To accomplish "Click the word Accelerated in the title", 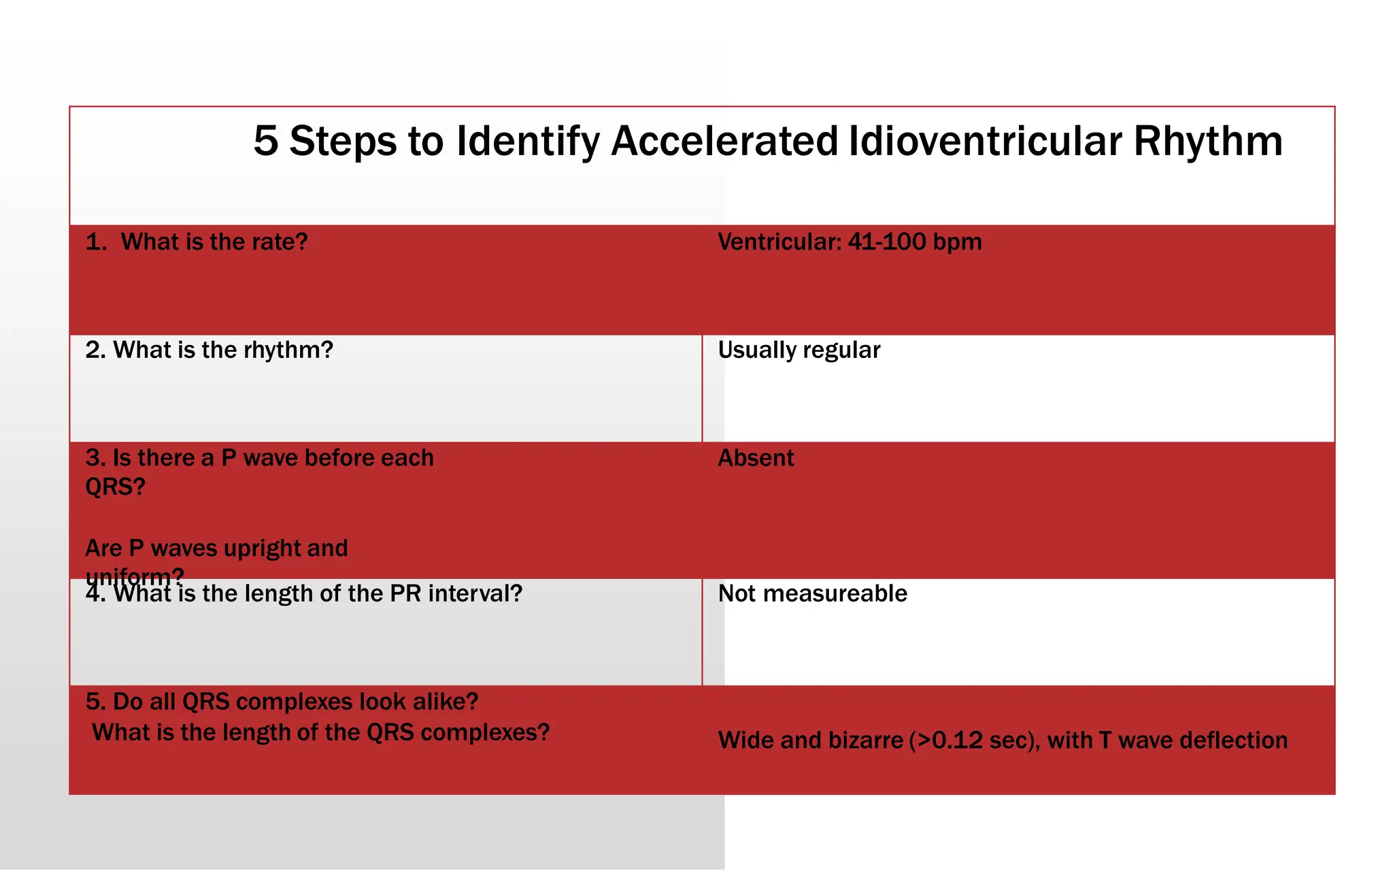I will (x=724, y=142).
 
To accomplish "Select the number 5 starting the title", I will (x=266, y=142).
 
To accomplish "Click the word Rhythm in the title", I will (x=1208, y=142).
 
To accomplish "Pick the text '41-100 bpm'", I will (x=915, y=242).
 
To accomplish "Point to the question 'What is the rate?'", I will (x=214, y=242).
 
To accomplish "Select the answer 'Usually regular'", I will (x=799, y=350).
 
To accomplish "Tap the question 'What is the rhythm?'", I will (x=223, y=350).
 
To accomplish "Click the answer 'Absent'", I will (x=756, y=459).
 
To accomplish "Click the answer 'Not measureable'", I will (x=812, y=594).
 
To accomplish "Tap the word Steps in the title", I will (x=343, y=142).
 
